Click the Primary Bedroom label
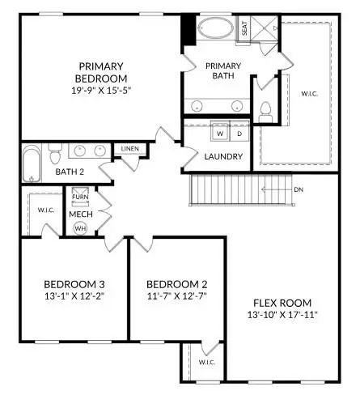(100, 72)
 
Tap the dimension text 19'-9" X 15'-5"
(100, 91)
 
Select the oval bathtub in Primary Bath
(215, 29)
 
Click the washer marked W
(219, 133)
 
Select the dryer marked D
(239, 133)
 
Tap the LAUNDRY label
(223, 156)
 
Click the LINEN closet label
(130, 150)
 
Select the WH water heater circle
(80, 228)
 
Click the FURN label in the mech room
(80, 197)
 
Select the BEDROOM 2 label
(177, 284)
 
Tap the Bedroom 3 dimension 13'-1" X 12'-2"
(74, 297)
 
